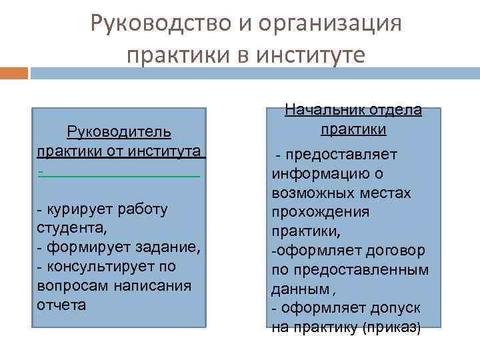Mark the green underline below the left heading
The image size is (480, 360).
pyautogui.click(x=120, y=175)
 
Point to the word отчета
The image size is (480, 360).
pyautogui.click(x=62, y=305)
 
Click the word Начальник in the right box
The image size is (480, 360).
pyautogui.click(x=322, y=110)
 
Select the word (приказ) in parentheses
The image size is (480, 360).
pyautogui.click(x=393, y=328)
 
